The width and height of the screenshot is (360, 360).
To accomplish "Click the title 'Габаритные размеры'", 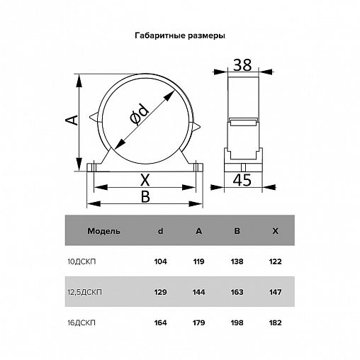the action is (180, 36).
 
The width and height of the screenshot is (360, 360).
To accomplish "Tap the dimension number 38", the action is (242, 65).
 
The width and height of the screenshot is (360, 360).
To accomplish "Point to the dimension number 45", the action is (242, 180).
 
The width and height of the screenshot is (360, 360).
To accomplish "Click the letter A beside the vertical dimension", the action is (72, 120).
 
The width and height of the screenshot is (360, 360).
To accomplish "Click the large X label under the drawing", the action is (145, 180).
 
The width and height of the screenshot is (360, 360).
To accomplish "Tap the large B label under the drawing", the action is (145, 196).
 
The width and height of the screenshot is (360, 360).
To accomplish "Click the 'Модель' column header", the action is (103, 231).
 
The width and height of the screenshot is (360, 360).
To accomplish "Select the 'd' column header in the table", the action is (160, 231).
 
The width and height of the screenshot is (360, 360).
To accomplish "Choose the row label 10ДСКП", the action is (81, 261).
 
